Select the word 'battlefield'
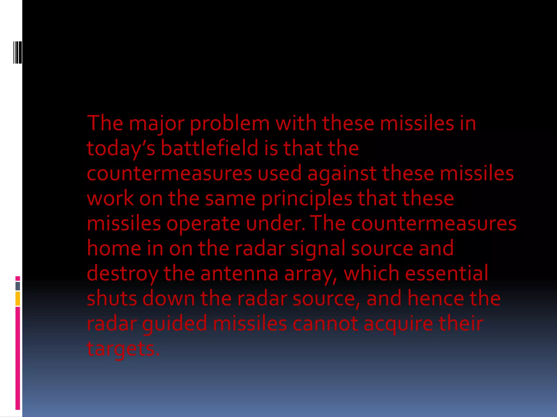(209, 149)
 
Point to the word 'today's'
(120, 149)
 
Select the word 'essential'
(447, 273)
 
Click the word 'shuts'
(112, 299)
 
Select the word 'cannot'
(325, 324)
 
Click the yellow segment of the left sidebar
(18, 299)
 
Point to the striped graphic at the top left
(18, 52)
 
